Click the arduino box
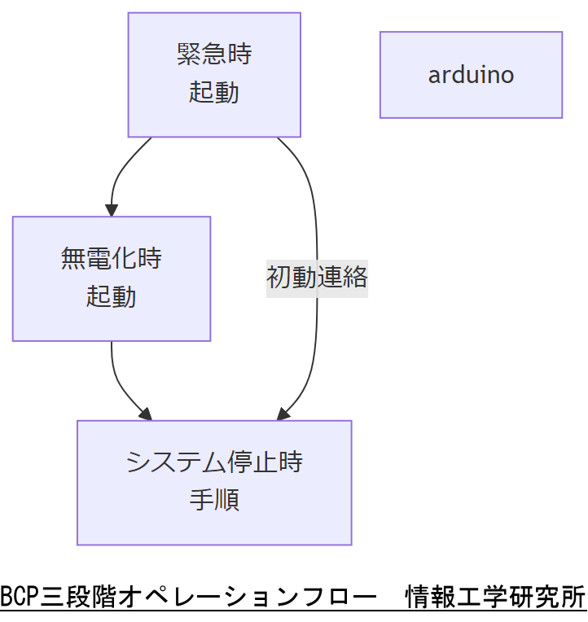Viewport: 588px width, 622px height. [471, 75]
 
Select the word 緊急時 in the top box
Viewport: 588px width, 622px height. [214, 55]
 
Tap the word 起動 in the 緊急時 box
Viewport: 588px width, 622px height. [214, 92]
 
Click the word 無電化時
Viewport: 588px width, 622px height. [112, 259]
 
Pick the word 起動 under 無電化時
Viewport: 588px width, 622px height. [112, 296]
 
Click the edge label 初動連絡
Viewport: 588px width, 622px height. [317, 278]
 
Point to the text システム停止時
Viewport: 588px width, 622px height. [214, 462]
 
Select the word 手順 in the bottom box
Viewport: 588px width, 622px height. [214, 499]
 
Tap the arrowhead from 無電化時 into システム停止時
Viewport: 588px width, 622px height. [146, 414]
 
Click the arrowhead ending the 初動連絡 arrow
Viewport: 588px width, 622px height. [283, 414]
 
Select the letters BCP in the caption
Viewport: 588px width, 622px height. [15, 597]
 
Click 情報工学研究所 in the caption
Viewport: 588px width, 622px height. [495, 597]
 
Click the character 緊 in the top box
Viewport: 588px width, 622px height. [189, 55]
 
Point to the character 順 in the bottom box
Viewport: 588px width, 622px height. [226, 499]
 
